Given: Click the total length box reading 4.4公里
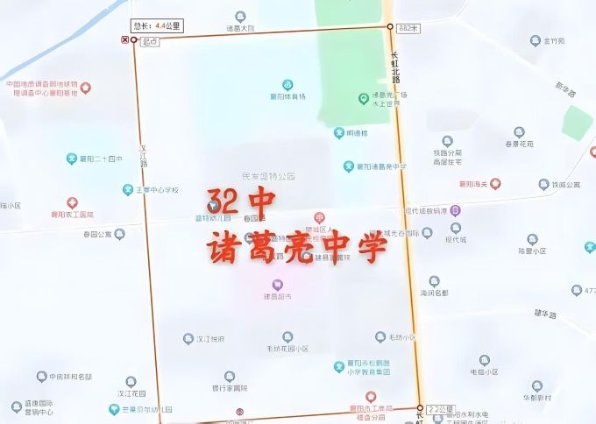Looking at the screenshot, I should pyautogui.click(x=156, y=25).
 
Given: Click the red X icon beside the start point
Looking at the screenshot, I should pyautogui.click(x=124, y=40).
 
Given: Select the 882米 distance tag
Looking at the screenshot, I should pyautogui.click(x=408, y=28).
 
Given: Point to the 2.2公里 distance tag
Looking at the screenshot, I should pyautogui.click(x=441, y=409).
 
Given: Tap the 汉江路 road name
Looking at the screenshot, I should pyautogui.click(x=144, y=157).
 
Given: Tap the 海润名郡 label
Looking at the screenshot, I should pyautogui.click(x=434, y=293).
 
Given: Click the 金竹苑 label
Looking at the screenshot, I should pyautogui.click(x=553, y=40).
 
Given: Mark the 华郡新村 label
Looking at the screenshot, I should pyautogui.click(x=536, y=398).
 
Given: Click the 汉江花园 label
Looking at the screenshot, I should pyautogui.click(x=131, y=394).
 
